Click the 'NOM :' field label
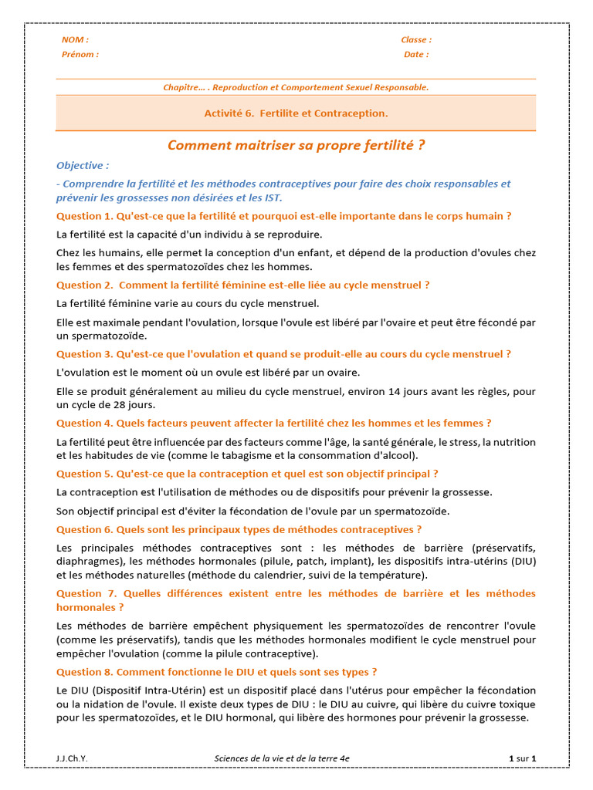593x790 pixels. [x=75, y=39]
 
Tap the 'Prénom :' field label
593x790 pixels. [x=80, y=55]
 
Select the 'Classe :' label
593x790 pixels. [x=416, y=39]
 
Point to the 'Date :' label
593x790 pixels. [x=416, y=55]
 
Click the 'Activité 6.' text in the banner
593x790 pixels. [x=229, y=113]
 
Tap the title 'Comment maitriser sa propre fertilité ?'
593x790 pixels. [x=296, y=145]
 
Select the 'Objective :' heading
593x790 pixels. [x=83, y=165]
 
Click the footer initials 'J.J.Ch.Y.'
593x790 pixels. [x=72, y=758]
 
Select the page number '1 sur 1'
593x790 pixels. [x=523, y=758]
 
